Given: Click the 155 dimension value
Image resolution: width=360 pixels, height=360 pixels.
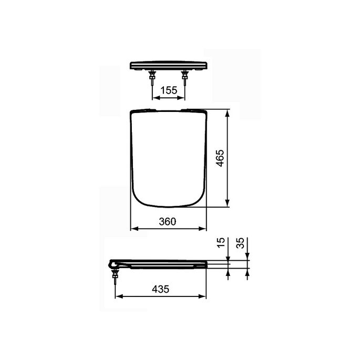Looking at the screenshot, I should click(168, 90).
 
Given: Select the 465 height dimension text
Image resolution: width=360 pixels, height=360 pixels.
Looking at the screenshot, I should click(221, 158).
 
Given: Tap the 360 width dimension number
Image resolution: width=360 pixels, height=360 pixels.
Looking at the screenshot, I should click(167, 222).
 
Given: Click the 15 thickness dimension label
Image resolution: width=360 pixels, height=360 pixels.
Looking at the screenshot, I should click(221, 243).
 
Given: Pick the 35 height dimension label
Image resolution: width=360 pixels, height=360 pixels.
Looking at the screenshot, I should click(240, 243).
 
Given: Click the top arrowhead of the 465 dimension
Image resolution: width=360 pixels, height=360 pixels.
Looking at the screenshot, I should click(228, 112).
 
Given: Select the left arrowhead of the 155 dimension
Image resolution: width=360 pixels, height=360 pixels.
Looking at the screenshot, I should click(155, 97).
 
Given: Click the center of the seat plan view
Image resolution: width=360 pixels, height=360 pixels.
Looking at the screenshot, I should click(168, 158).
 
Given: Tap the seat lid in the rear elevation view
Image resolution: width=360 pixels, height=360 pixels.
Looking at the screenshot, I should click(168, 66).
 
